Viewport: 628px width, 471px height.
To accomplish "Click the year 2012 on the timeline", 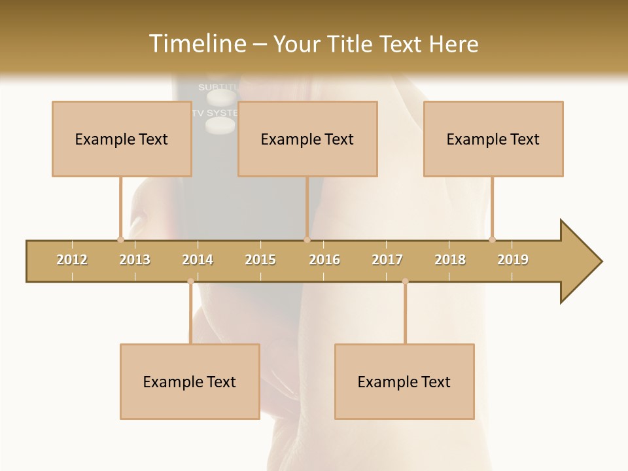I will click(x=72, y=260).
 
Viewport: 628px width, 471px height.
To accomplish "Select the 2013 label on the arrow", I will click(x=135, y=260).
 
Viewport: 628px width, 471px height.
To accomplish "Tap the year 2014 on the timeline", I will click(x=198, y=260).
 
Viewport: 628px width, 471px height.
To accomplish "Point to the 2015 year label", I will click(x=260, y=260).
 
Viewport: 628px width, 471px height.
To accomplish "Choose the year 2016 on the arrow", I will click(x=324, y=260).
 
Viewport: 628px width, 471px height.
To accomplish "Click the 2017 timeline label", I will click(x=387, y=260).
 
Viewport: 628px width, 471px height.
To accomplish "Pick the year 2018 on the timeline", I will click(x=450, y=260).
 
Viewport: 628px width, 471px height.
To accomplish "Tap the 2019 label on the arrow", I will click(x=513, y=260).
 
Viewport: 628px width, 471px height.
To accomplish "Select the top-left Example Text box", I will click(x=122, y=139).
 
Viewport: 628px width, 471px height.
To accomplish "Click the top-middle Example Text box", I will click(x=307, y=139).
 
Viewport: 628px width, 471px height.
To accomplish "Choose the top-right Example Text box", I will click(x=493, y=139).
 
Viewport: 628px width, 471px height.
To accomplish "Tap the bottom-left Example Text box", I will click(x=190, y=381).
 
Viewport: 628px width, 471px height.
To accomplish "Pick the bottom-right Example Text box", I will click(x=404, y=381).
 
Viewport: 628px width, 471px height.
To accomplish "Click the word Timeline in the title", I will click(x=196, y=44).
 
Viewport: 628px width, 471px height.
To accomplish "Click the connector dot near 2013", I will click(x=120, y=239).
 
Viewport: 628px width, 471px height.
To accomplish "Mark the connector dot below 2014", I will click(x=190, y=281).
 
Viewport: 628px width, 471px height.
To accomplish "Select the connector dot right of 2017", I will click(x=405, y=281).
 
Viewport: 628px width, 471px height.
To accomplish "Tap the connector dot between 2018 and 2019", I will click(x=492, y=239).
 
